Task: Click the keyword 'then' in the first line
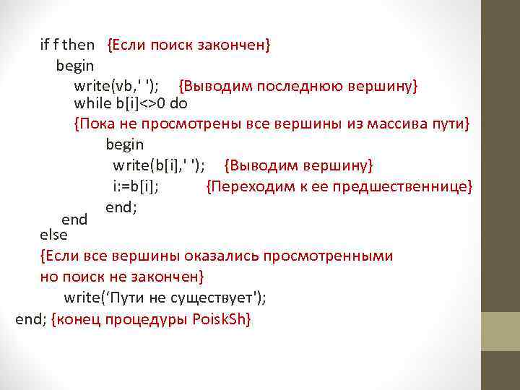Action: [79, 45]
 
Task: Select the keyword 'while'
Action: [90, 104]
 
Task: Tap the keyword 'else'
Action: [53, 235]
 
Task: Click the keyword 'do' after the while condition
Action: [179, 104]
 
